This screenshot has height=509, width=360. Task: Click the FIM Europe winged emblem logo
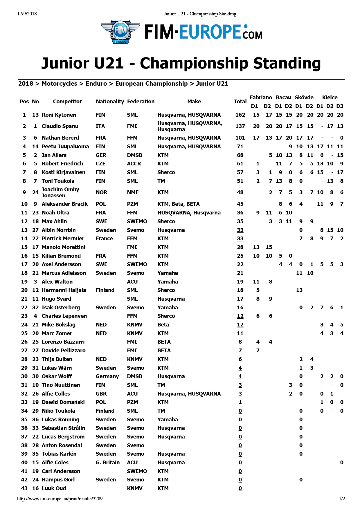point(120,32)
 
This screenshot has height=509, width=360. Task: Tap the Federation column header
point(141,102)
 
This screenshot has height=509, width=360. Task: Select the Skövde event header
point(304,98)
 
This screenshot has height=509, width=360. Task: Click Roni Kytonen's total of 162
point(240,115)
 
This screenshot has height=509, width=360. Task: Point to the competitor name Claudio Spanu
point(60,126)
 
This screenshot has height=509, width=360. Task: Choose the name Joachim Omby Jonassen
point(60,192)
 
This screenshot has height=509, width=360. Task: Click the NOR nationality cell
point(102,192)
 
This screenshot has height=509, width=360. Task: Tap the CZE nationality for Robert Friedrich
point(101,164)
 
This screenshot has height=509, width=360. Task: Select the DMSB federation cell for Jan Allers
point(134,155)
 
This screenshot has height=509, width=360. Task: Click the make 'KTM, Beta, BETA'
point(179,204)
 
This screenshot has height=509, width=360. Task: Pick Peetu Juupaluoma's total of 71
point(240,147)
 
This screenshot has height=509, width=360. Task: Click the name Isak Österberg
point(61,308)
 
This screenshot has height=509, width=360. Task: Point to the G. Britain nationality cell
point(108,463)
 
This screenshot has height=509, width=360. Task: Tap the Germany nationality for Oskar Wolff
point(107,376)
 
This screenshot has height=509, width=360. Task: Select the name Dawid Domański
point(63,402)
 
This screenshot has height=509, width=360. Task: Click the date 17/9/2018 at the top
point(27,14)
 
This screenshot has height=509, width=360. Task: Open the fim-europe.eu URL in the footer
point(60,499)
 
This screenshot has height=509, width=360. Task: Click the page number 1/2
point(342,499)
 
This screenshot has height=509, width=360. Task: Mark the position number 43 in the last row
point(24,488)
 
